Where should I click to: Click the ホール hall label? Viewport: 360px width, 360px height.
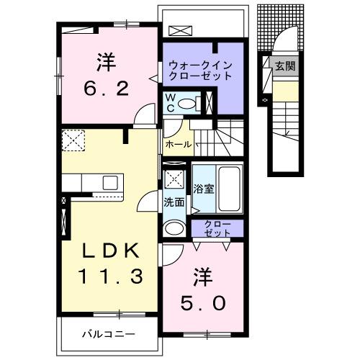[x=178, y=145]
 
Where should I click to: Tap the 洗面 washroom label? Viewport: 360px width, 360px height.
[x=174, y=202]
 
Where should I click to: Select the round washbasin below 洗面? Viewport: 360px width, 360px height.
[x=174, y=229]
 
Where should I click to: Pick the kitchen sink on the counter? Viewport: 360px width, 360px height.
[x=109, y=181]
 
